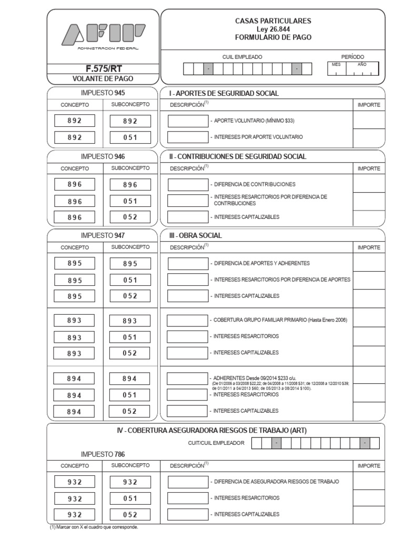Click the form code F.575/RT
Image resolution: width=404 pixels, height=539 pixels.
click(x=103, y=68)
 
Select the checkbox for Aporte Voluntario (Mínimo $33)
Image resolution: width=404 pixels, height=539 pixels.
click(x=188, y=121)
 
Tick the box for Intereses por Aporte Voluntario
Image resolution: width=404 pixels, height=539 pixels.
click(x=188, y=137)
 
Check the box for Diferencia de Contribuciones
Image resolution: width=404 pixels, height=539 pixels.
click(x=188, y=185)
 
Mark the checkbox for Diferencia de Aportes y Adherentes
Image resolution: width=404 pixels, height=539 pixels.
click(x=188, y=263)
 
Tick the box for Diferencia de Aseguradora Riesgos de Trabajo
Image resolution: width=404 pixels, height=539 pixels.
click(x=188, y=482)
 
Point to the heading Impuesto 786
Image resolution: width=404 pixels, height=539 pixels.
click(x=103, y=454)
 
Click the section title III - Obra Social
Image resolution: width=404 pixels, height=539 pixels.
click(x=195, y=235)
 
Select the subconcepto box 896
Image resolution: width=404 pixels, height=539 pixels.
click(x=130, y=185)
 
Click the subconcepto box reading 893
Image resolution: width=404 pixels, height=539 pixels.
click(x=130, y=321)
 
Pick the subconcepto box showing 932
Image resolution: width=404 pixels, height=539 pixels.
click(x=130, y=482)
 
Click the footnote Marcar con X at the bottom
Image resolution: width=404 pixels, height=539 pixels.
click(x=94, y=527)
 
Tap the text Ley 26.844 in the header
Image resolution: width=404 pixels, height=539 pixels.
click(x=272, y=29)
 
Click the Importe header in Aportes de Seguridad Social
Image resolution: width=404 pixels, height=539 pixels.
click(x=368, y=105)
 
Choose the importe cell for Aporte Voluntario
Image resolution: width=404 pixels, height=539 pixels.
click(x=368, y=121)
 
